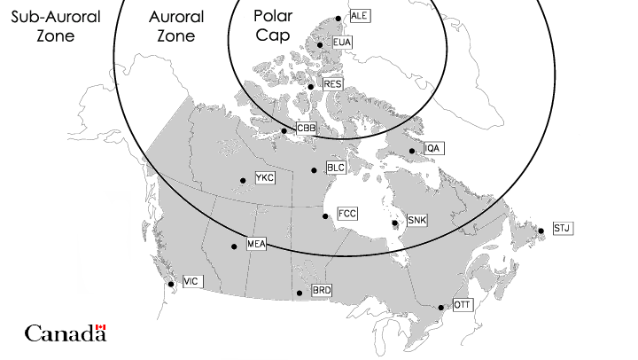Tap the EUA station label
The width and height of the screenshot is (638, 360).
342,43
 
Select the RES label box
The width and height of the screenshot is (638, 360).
332,84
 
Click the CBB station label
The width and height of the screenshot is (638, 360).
306,129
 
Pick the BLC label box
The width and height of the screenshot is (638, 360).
336,168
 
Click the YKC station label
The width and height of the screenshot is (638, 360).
265,179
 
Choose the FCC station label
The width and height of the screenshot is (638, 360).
347,215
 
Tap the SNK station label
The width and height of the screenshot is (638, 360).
416,219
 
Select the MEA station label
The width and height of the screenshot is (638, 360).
256,244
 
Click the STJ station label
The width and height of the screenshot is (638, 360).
563,229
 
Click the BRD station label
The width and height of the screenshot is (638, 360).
322,290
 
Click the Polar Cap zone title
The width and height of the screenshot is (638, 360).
273,26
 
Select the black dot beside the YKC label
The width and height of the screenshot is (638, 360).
243,181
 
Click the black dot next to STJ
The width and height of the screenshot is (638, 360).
541,231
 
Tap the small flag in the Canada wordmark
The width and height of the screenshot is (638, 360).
100,328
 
